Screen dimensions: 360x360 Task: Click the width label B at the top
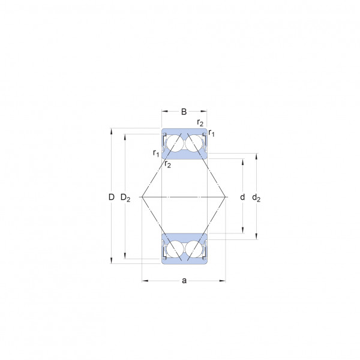point(184,112)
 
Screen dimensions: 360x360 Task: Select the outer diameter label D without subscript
point(112,197)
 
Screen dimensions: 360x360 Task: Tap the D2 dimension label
point(125,197)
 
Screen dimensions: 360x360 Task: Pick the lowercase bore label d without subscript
point(242,197)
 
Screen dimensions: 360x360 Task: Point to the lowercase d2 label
point(256,197)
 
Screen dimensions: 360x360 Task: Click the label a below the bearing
point(184,281)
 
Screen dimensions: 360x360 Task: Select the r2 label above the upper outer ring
point(200,123)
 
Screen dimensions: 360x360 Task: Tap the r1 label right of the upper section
point(211,133)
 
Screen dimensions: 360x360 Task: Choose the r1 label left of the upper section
point(156,153)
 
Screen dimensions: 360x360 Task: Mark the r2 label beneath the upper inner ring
point(168,164)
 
